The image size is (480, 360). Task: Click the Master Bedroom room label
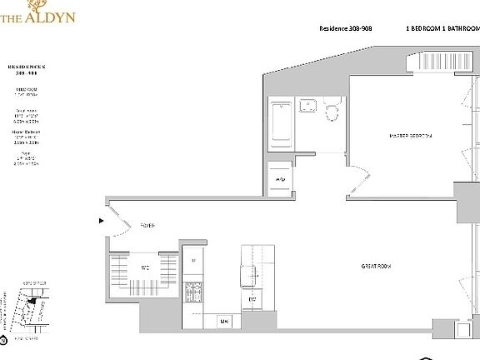click(411, 135)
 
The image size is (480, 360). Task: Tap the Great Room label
click(376, 267)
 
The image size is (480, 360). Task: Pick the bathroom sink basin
click(307, 106)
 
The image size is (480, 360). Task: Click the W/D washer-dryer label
click(280, 179)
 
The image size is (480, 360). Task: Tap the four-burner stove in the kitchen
click(194, 293)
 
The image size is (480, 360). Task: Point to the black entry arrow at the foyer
click(102, 222)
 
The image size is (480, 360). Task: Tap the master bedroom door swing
click(360, 178)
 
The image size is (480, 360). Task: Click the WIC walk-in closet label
click(144, 267)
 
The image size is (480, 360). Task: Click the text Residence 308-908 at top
click(345, 28)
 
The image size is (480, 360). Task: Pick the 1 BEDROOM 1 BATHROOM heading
click(442, 28)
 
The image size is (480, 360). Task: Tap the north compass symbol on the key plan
click(4, 339)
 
